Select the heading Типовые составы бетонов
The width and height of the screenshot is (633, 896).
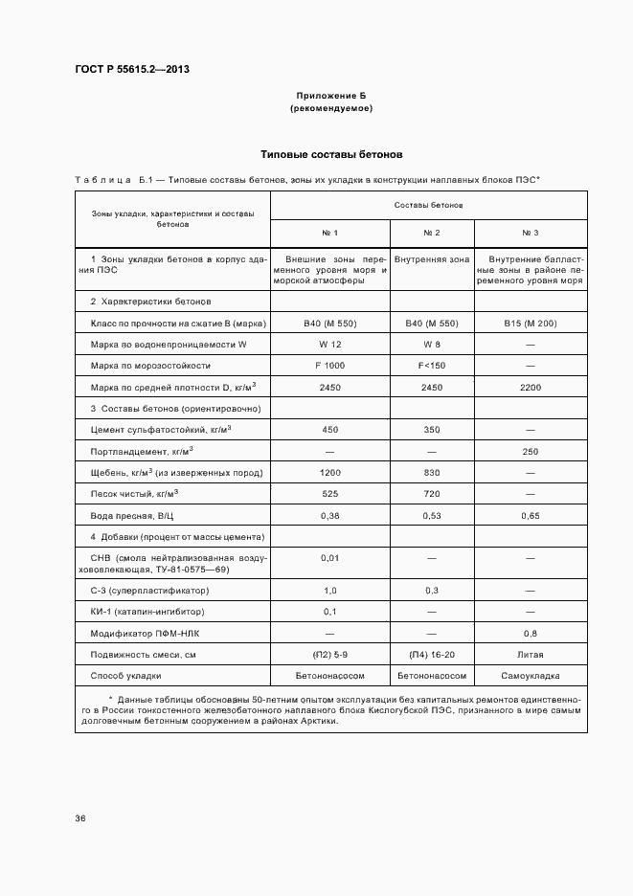point(332,154)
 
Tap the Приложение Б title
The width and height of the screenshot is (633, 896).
point(330,97)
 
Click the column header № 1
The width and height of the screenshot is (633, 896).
point(329,234)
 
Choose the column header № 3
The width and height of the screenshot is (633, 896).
point(530,234)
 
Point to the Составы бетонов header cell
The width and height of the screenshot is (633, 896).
point(428,205)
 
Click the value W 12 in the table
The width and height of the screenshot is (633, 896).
point(329,345)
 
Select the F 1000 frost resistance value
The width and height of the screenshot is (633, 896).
point(329,366)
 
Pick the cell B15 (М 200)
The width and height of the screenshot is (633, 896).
point(530,324)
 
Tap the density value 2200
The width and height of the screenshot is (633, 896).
point(530,387)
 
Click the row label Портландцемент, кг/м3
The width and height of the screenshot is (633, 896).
point(142,450)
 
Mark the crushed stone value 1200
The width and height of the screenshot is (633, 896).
point(329,472)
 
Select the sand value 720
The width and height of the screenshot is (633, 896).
point(432,493)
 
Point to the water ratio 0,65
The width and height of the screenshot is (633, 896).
point(530,515)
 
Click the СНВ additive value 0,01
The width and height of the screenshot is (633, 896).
point(329,557)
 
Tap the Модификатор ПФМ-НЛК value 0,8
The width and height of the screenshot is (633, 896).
point(530,633)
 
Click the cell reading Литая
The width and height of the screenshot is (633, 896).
point(530,655)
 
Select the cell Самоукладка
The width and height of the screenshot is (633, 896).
point(530,676)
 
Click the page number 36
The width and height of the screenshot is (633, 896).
point(80,818)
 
